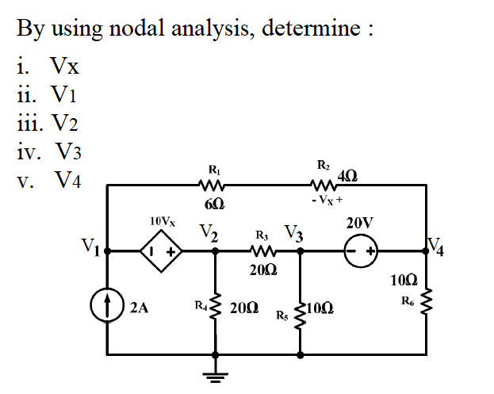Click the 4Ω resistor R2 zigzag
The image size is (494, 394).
click(x=327, y=186)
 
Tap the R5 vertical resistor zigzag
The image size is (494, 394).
click(x=301, y=316)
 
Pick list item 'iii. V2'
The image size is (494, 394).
click(x=48, y=123)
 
